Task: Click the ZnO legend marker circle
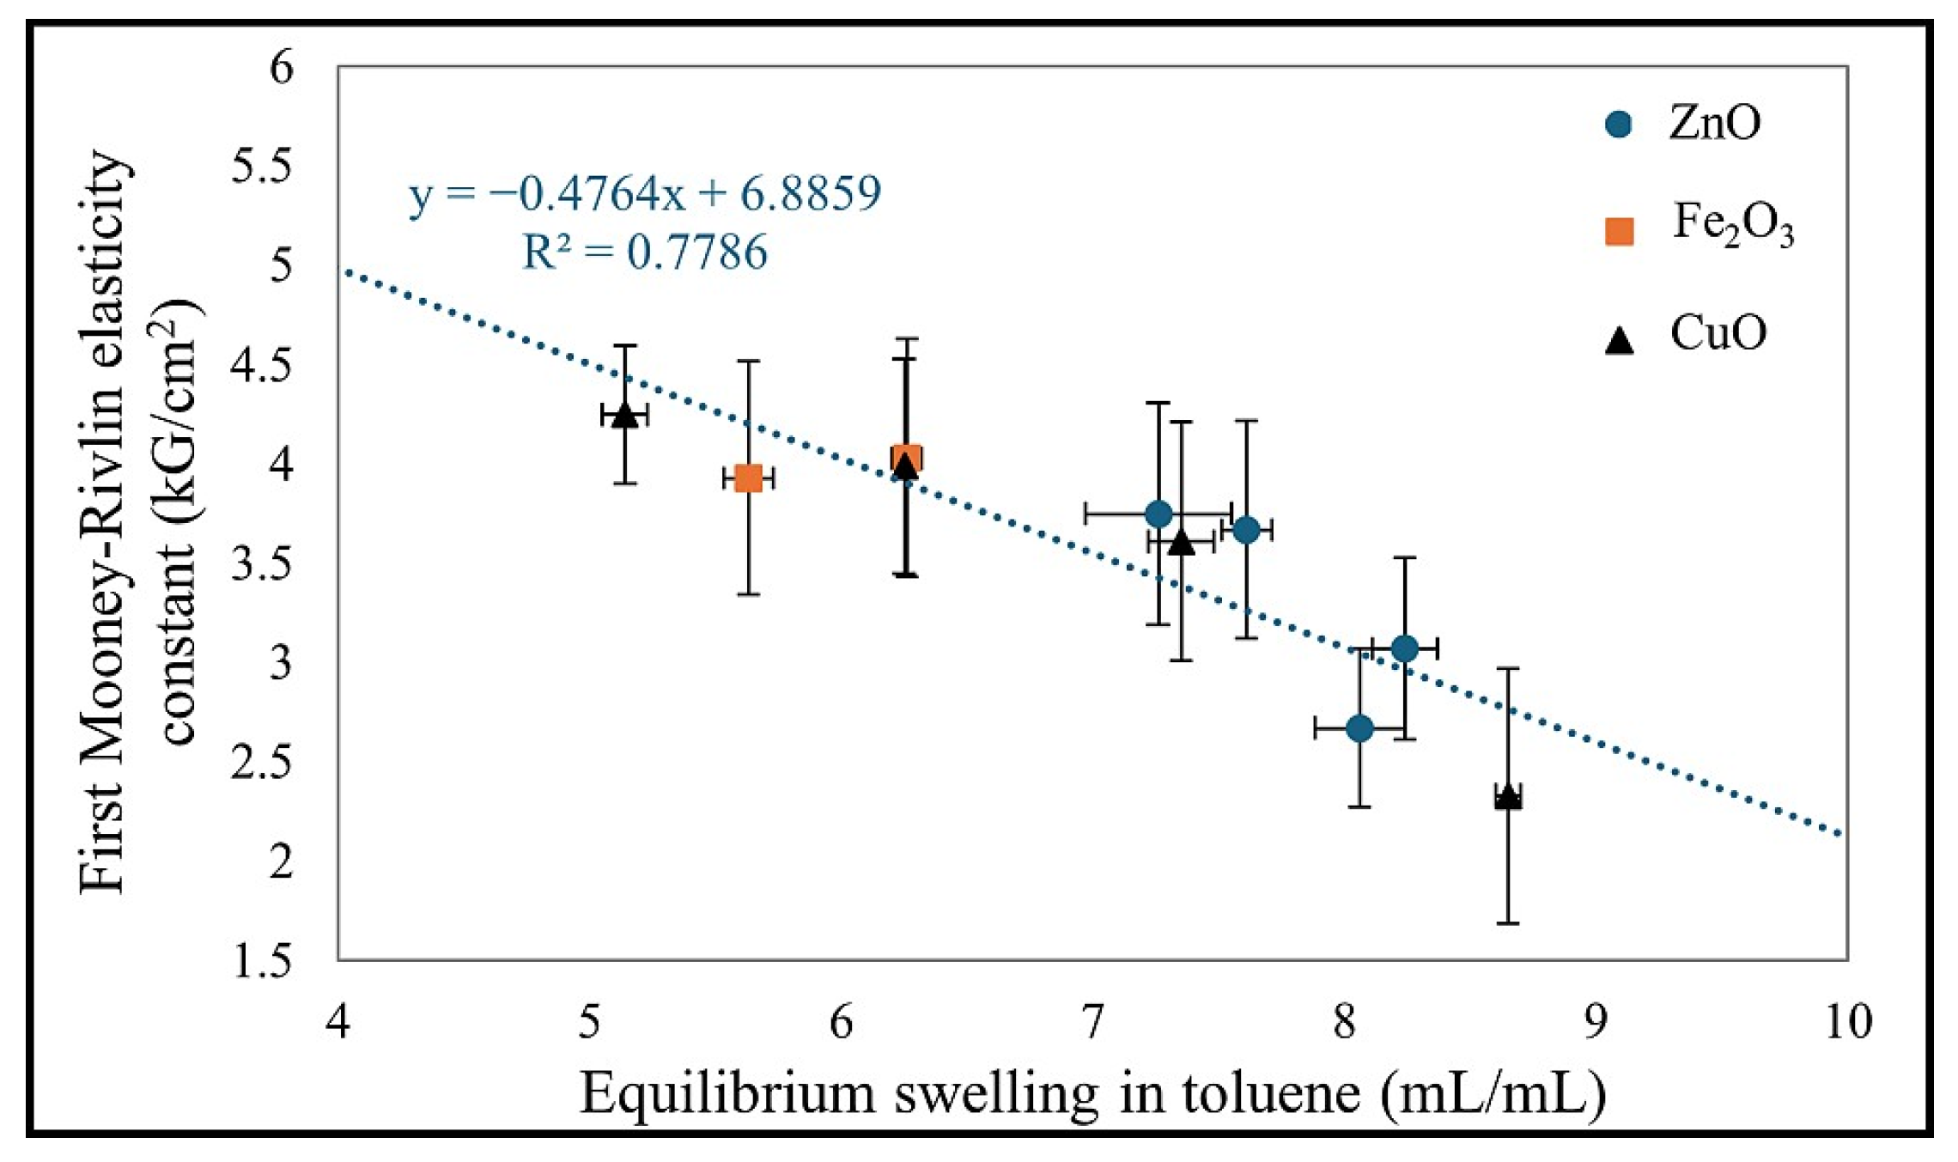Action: [1618, 125]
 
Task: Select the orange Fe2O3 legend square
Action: [1619, 231]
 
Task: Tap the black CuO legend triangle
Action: [1619, 341]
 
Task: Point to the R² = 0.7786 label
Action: [645, 252]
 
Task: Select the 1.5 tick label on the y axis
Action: [261, 962]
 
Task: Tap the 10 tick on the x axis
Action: [1847, 1023]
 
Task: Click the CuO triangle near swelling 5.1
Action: [624, 415]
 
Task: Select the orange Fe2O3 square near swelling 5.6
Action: [749, 478]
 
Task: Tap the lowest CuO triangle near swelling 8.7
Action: [1508, 797]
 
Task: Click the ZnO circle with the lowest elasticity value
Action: [1359, 728]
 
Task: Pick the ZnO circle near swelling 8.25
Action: [1404, 648]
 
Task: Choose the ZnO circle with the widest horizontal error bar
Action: [1158, 514]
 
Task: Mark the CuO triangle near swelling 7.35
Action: [1182, 543]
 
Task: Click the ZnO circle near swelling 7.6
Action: [1246, 530]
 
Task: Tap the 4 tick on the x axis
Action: [338, 1023]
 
